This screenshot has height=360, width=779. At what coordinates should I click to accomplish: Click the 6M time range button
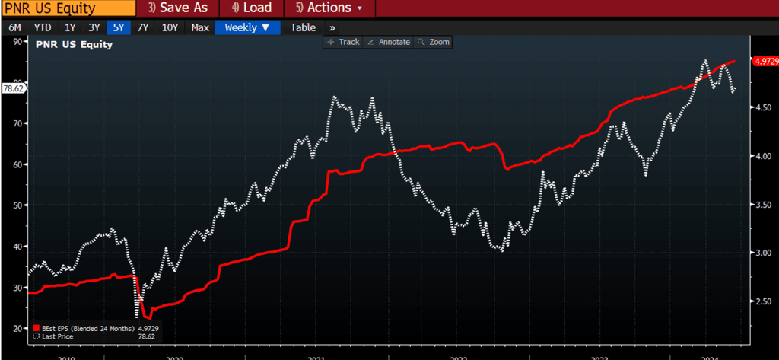point(14,27)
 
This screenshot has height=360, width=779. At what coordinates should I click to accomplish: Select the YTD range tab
point(43,27)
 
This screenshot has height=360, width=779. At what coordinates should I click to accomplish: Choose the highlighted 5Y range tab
point(118,27)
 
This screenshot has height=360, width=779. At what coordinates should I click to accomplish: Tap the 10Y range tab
point(170,27)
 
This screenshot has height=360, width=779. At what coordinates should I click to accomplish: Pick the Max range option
point(200,27)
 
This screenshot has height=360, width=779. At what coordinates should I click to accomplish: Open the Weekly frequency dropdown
point(247,27)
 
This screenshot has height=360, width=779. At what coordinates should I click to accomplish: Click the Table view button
point(303,27)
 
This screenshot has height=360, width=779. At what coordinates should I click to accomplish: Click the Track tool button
point(343,42)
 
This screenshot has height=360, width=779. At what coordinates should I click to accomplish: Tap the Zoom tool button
point(434,42)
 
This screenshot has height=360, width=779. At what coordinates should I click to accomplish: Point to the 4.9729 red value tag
point(763,62)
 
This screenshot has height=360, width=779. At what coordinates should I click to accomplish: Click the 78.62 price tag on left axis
point(14,88)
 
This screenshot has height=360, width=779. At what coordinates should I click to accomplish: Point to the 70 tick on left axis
point(18,123)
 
